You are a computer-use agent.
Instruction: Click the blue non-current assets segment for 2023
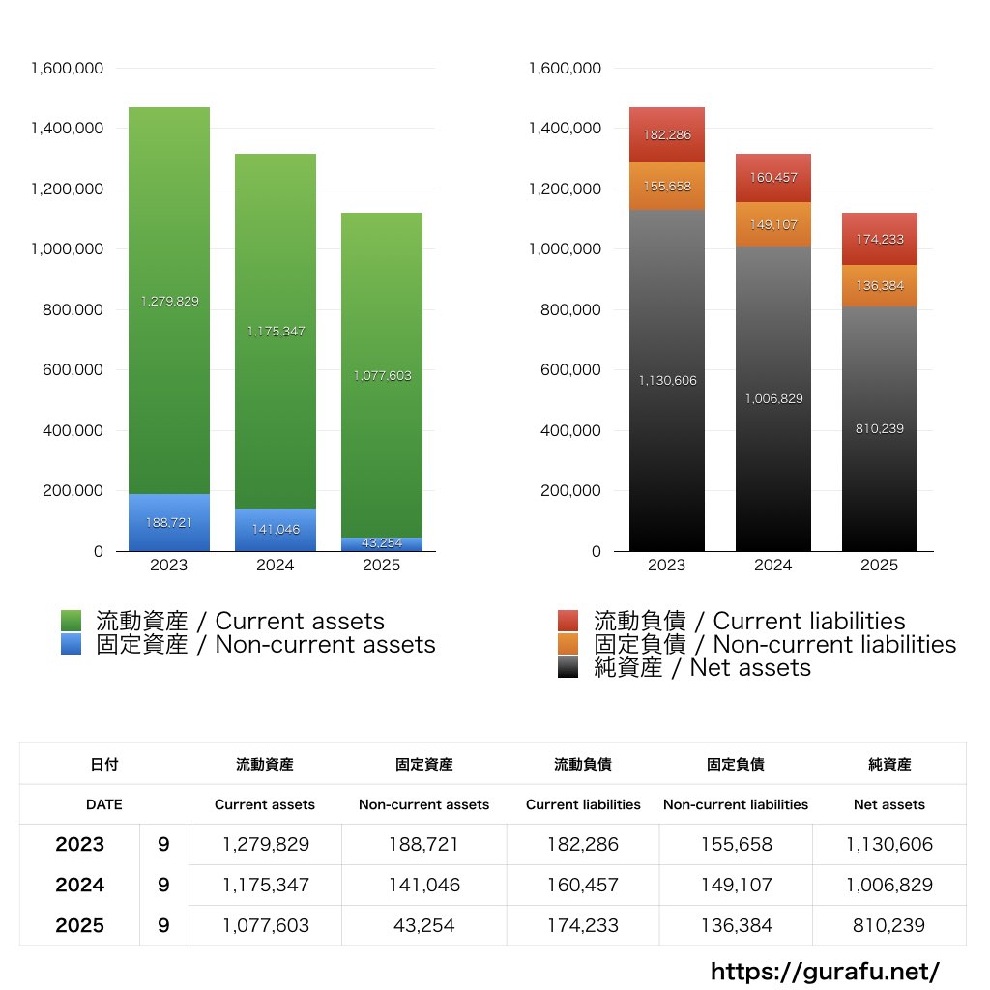(169, 522)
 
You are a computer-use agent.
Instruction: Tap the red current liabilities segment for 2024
(772, 177)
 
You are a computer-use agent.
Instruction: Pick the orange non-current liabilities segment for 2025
(879, 286)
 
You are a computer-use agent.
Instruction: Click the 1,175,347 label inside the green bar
(276, 331)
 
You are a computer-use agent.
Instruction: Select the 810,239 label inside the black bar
(879, 428)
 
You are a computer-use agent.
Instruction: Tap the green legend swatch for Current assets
(72, 621)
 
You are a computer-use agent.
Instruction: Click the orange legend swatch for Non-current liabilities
(568, 644)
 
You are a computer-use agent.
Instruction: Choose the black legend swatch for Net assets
(568, 667)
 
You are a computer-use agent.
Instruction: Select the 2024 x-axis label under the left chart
(275, 565)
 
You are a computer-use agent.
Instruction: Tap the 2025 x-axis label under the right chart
(879, 565)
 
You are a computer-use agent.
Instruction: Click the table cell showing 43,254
(423, 925)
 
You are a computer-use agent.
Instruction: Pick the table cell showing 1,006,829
(889, 885)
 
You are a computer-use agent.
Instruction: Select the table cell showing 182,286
(583, 844)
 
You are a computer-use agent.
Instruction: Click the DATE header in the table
(103, 803)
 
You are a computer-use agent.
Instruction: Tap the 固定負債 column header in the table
(735, 764)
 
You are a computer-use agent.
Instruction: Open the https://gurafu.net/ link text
(825, 971)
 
